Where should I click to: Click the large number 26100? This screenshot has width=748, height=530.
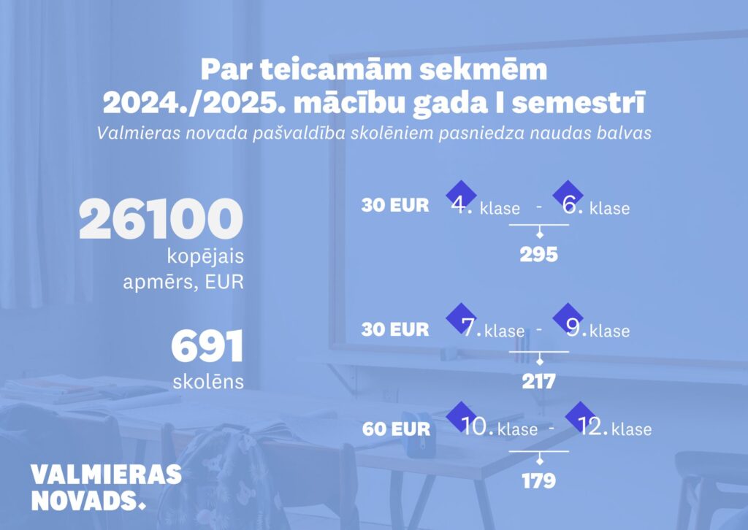pos(161,219)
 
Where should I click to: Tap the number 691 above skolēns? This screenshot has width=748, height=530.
pos(207,346)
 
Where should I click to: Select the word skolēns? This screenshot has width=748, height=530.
pos(208,381)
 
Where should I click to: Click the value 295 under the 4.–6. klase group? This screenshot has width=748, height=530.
pos(538,255)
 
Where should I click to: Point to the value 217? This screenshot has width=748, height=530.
pos(538,381)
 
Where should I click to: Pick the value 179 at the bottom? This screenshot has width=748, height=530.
pos(539,480)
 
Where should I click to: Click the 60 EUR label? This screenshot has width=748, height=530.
pos(396,429)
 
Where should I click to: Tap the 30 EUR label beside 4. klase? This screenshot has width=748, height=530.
pos(395,205)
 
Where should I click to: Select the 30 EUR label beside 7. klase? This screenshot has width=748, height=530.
pos(395,329)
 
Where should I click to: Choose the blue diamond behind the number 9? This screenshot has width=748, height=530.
pos(568,318)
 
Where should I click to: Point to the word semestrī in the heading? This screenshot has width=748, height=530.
pos(579,103)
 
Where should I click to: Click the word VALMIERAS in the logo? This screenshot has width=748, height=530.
pos(107,475)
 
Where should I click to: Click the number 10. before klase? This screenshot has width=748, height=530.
pos(478,426)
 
